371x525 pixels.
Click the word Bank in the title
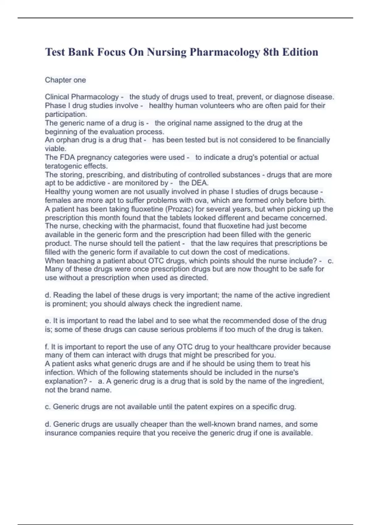click(81, 52)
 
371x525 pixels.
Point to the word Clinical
click(57, 97)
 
